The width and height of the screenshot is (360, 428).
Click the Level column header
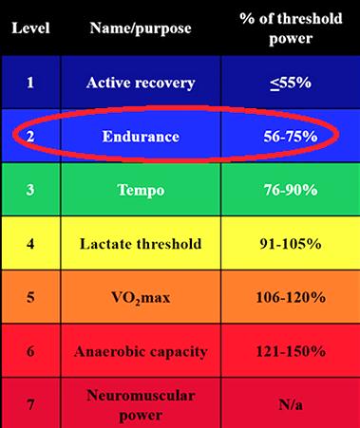coord(30,28)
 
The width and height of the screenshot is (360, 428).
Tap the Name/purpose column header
coord(141,28)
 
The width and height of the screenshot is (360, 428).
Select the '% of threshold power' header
coord(291,28)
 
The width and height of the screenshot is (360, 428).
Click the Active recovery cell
coord(141,83)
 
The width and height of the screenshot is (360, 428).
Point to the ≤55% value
coord(291,84)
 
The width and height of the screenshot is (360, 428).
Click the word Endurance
coord(141,137)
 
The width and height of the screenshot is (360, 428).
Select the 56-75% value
coord(291,137)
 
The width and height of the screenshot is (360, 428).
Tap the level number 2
coord(30,137)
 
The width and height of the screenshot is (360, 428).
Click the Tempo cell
coord(141,191)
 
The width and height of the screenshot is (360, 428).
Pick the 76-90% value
coord(291,190)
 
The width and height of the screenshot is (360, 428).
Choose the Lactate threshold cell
coord(141,244)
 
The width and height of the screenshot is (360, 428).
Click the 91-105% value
coord(291,244)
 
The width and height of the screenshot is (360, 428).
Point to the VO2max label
coord(141,298)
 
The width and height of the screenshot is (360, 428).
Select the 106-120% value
coord(291,297)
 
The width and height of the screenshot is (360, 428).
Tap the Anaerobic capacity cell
coord(141,352)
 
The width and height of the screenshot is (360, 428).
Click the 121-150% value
coord(291,351)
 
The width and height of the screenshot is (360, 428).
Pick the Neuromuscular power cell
coord(141,405)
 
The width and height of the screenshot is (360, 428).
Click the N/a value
coord(291,405)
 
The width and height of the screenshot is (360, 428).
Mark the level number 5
coord(30,298)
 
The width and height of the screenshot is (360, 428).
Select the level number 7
coord(30,405)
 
